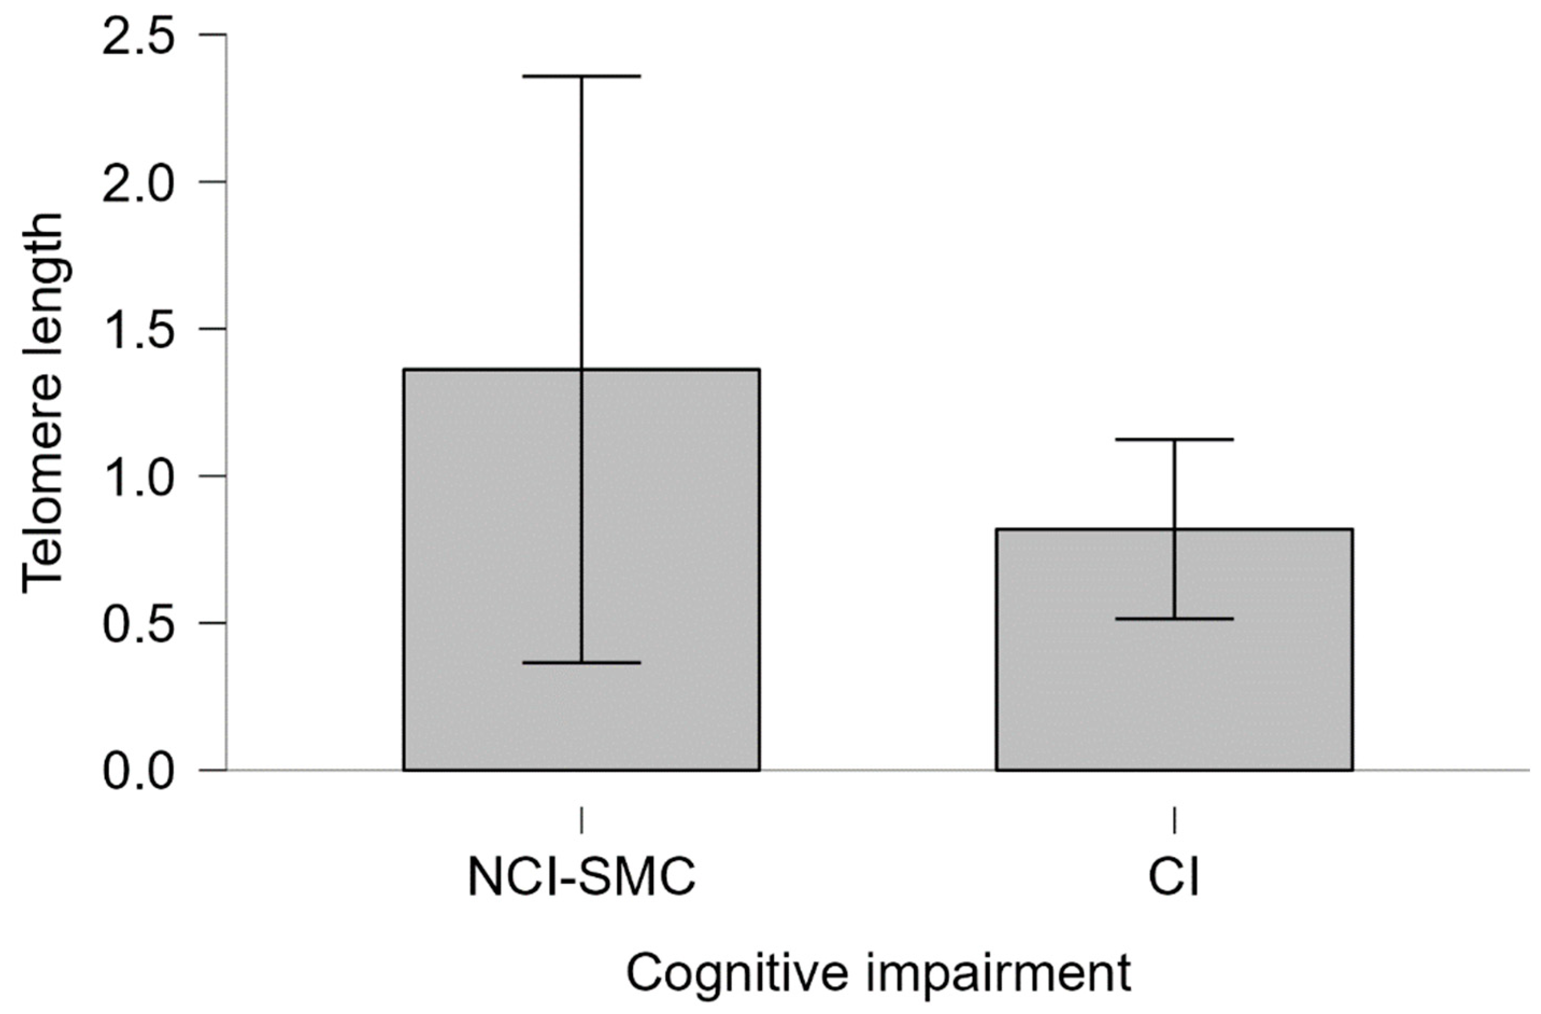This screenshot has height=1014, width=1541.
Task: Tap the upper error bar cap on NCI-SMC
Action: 581,76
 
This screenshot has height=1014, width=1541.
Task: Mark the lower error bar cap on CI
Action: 1174,619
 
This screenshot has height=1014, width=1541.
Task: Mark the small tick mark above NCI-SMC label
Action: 581,820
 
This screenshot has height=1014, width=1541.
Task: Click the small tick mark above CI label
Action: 1174,820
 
